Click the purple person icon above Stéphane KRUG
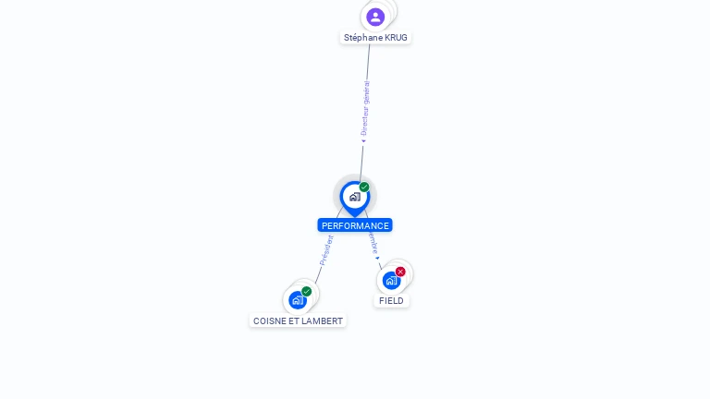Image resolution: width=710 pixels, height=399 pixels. click(375, 17)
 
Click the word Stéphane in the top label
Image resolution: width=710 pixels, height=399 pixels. click(363, 38)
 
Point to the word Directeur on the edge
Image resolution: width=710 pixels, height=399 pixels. click(364, 122)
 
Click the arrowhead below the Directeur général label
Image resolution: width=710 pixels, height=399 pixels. click(363, 141)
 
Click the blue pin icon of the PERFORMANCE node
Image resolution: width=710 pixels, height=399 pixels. click(355, 197)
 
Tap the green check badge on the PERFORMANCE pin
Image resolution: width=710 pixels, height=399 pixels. click(364, 187)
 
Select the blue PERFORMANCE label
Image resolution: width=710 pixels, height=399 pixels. click(355, 225)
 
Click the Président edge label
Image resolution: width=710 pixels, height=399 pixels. click(326, 250)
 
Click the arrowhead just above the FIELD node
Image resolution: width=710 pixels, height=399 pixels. click(377, 258)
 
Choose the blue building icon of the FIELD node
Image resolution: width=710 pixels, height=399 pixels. click(391, 280)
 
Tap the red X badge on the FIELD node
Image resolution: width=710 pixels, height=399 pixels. click(400, 272)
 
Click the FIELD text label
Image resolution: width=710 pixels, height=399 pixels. click(391, 301)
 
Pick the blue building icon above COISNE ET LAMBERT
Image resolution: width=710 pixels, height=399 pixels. click(298, 300)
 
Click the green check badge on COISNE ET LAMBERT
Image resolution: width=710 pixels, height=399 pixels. click(307, 292)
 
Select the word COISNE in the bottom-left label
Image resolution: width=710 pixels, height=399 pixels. click(270, 321)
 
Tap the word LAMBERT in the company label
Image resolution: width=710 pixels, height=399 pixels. click(323, 321)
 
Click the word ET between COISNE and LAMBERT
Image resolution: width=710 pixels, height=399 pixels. click(294, 321)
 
